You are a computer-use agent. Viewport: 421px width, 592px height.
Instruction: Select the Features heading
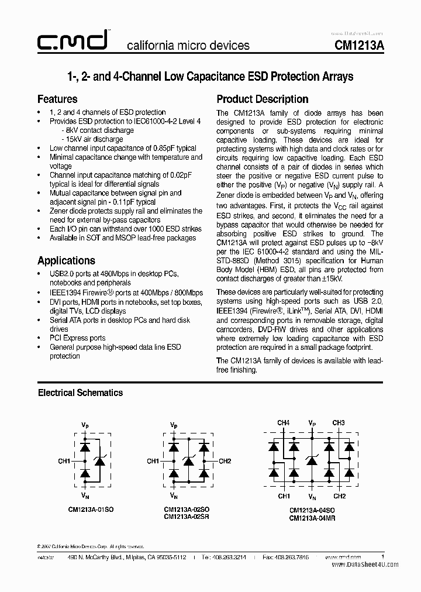pos(57,99)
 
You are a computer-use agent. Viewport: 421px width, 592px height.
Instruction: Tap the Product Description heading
pos(263,99)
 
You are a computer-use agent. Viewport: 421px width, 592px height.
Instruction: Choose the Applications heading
pos(66,260)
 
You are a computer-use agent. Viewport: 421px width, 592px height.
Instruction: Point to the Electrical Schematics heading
pos(80,393)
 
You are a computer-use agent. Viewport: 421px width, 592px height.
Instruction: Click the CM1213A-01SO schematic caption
pos(91,510)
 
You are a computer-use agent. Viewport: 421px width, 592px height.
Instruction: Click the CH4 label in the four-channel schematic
pos(283,422)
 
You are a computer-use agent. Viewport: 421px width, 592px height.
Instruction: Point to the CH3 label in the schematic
pos(338,422)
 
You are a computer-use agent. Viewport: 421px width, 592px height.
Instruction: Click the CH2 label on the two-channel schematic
pos(225,461)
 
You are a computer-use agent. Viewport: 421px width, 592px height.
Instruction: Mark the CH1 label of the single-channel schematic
pos(64,461)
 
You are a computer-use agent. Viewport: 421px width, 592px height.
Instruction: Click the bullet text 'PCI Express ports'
pos(78,338)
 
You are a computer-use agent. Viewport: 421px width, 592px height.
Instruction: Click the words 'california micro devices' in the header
pos(188,46)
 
